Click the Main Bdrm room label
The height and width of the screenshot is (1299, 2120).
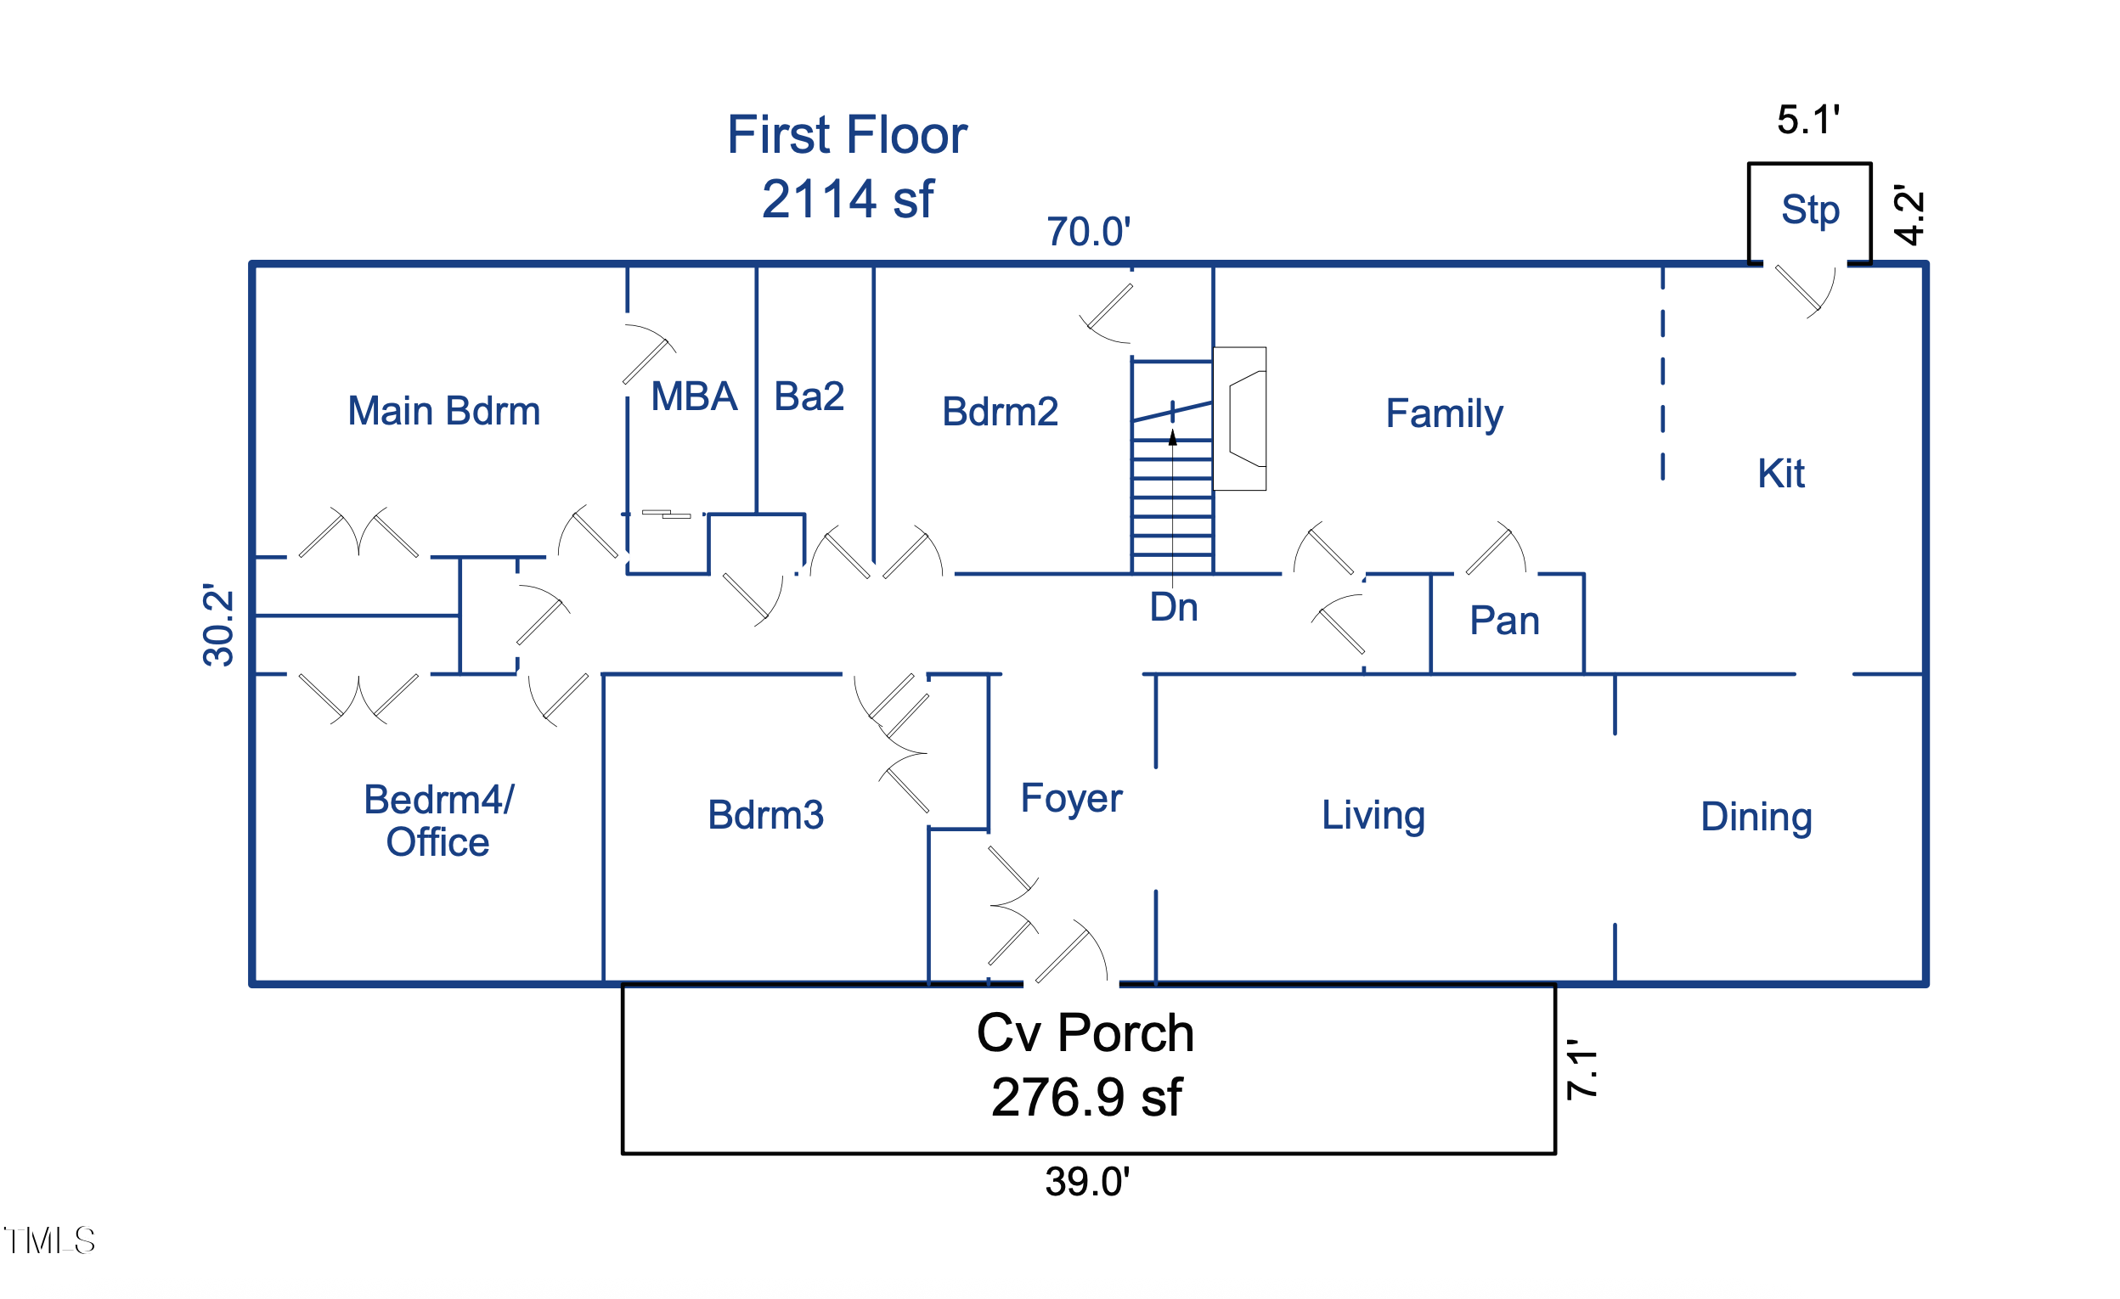point(444,412)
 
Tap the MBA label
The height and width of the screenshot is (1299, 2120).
point(693,397)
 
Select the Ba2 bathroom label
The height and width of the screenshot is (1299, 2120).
point(809,396)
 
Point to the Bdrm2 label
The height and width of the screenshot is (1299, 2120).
point(1000,412)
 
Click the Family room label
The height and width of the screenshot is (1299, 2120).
point(1444,413)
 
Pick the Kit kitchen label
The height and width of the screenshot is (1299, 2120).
point(1780,474)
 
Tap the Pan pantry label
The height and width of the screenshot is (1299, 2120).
point(1504,621)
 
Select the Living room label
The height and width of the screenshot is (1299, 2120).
point(1373,815)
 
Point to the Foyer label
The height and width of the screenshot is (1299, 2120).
point(1070,798)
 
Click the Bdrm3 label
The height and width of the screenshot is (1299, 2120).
point(765,815)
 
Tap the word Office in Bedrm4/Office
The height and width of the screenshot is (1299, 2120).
point(437,842)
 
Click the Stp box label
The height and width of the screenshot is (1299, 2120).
point(1809,210)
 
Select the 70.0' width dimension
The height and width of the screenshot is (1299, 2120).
point(1087,233)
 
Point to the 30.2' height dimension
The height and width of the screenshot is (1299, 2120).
point(218,626)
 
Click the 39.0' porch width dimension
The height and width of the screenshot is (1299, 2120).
point(1086,1182)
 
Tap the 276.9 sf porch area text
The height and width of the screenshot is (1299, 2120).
point(1085,1098)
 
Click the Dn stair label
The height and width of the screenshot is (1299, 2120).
point(1173,607)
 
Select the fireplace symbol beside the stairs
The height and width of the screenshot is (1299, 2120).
point(1241,419)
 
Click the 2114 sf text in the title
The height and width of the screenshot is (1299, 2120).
point(847,200)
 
